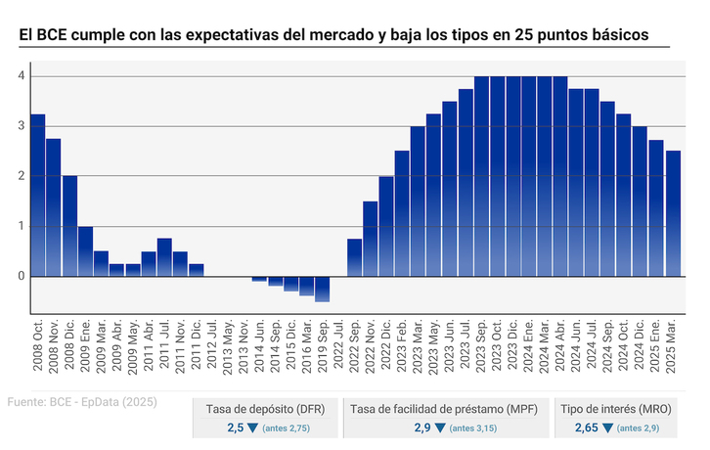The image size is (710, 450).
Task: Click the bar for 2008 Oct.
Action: point(38,195)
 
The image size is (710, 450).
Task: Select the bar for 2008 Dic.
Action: point(69,225)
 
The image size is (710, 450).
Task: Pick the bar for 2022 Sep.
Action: point(354,257)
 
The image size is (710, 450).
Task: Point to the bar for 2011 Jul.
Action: point(164,257)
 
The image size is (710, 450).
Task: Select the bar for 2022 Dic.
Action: point(386,226)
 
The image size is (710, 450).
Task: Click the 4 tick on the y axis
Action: point(21,75)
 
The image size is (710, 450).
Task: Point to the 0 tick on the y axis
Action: point(21,276)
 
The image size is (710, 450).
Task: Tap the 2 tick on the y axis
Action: point(21,176)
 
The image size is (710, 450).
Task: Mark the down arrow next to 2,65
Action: point(608,427)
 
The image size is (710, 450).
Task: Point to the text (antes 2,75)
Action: point(286,428)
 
